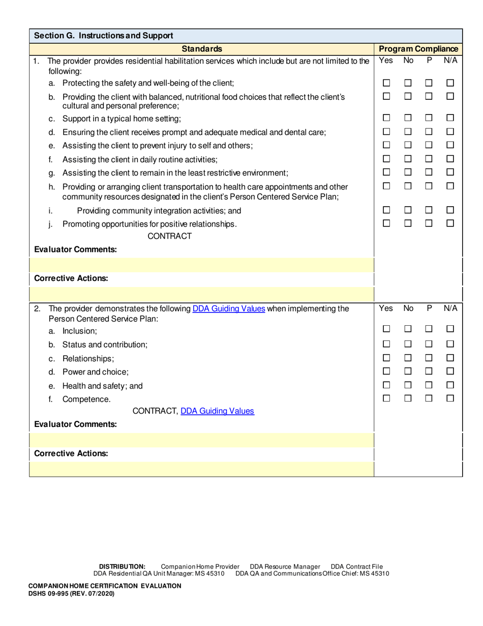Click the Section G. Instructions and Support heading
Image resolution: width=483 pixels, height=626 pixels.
[x=104, y=36]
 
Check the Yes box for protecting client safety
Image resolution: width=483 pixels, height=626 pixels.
[x=386, y=83]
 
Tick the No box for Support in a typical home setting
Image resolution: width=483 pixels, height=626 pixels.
[x=407, y=119]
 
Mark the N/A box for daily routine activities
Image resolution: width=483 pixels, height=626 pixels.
[x=450, y=159]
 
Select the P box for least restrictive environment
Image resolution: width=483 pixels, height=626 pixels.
[x=429, y=172]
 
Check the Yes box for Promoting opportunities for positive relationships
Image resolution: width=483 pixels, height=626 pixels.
[x=386, y=223]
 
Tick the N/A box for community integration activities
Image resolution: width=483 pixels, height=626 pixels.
[x=450, y=210]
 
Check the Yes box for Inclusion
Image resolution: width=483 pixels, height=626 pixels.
[x=386, y=330]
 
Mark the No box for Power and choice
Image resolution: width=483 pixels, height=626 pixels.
[x=407, y=371]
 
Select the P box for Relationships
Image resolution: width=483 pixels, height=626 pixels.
[x=429, y=358]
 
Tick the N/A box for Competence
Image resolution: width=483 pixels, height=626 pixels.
[x=450, y=399]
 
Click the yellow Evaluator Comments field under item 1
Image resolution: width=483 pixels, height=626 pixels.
[x=201, y=265]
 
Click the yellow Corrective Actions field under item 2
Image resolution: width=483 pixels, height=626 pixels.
[x=201, y=469]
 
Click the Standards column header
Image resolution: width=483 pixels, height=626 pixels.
[x=201, y=49]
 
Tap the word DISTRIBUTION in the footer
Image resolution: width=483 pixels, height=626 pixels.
[x=122, y=566]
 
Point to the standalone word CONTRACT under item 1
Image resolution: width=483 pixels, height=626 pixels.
[x=169, y=236]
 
